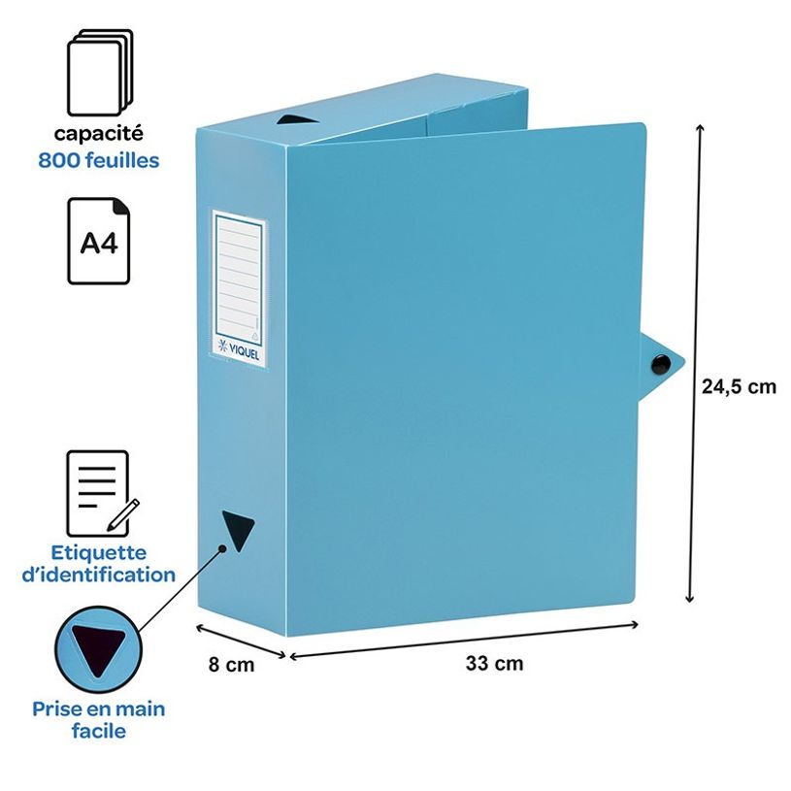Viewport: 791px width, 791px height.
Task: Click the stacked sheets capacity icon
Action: click(99, 72)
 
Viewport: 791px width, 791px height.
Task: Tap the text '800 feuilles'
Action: click(99, 160)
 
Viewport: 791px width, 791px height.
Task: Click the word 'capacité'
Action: click(99, 134)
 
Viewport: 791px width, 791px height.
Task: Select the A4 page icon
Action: click(99, 241)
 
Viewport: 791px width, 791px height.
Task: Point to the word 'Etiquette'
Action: click(99, 552)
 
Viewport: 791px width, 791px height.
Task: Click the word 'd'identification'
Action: click(99, 575)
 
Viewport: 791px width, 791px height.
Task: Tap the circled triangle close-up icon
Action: click(98, 649)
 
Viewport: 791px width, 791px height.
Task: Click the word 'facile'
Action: click(99, 731)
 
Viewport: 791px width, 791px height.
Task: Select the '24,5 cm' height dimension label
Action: click(739, 386)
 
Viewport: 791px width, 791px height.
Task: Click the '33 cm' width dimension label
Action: click(494, 663)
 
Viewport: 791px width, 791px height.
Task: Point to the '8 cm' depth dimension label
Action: click(232, 665)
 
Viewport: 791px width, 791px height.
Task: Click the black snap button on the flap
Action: click(660, 364)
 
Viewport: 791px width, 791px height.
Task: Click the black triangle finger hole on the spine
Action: click(238, 530)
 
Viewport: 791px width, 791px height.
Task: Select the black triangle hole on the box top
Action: click(297, 119)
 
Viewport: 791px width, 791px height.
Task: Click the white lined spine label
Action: click(239, 288)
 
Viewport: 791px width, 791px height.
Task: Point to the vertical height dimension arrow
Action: click(695, 363)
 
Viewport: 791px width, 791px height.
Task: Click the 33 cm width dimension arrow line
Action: click(464, 641)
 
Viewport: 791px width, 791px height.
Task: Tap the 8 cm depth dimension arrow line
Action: click(241, 641)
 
